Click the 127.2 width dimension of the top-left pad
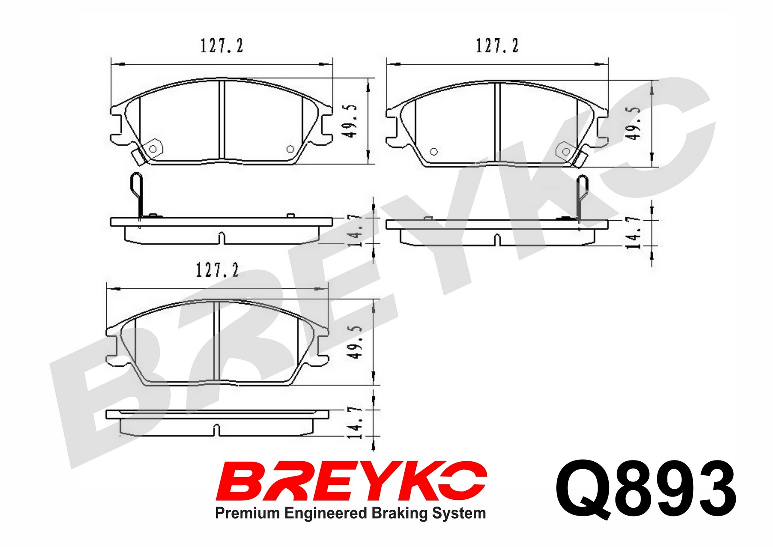pyautogui.click(x=221, y=46)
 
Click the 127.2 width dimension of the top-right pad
pyautogui.click(x=497, y=46)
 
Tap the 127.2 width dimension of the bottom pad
pyautogui.click(x=217, y=270)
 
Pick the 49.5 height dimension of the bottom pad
pyautogui.click(x=354, y=343)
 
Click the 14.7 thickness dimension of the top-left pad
pyautogui.click(x=354, y=231)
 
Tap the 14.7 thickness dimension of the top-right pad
pyautogui.click(x=633, y=233)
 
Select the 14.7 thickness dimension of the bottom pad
pyautogui.click(x=354, y=422)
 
